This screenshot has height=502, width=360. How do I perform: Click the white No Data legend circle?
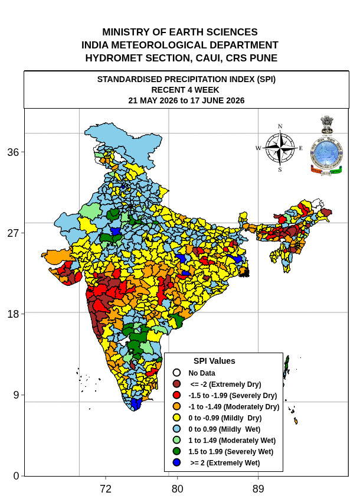[x=176, y=373]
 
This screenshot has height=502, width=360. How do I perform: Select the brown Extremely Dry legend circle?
[x=176, y=384]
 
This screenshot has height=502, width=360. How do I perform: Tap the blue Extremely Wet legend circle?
[x=176, y=462]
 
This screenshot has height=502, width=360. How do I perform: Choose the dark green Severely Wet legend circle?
[x=176, y=451]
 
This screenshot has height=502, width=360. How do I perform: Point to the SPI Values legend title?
[x=214, y=361]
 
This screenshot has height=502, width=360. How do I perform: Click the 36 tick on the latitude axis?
[x=14, y=152]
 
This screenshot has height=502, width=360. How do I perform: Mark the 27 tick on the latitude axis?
[x=14, y=233]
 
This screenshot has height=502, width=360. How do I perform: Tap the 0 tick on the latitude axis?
[x=17, y=476]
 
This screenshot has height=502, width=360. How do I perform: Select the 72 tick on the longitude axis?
[x=106, y=489]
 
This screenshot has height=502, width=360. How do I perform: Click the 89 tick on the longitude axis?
[x=258, y=489]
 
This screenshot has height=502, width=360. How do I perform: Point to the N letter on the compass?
[x=280, y=126]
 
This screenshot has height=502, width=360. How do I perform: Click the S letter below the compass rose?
[x=280, y=169]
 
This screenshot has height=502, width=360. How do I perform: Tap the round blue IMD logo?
[x=326, y=154]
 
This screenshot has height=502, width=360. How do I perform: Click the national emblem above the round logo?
[x=327, y=125]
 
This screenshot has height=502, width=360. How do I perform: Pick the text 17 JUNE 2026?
[x=217, y=100]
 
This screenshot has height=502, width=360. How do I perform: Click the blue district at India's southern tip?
[x=136, y=404]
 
